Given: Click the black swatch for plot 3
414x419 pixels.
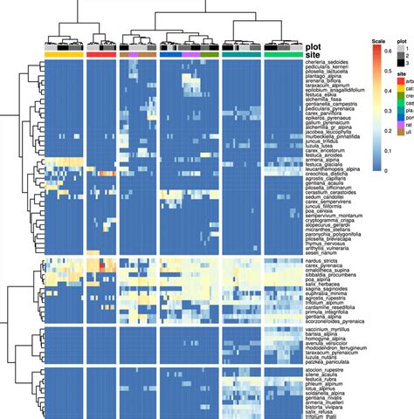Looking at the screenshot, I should tap(400, 63).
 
